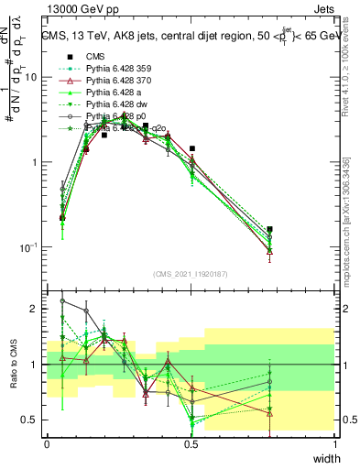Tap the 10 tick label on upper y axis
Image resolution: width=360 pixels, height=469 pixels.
[31, 77]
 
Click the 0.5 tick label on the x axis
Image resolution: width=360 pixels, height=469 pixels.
[191, 443]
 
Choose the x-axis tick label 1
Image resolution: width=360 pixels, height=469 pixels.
[335, 443]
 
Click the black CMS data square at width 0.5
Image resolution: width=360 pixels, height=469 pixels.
[191, 148]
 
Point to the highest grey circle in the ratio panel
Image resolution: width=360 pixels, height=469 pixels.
[62, 300]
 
